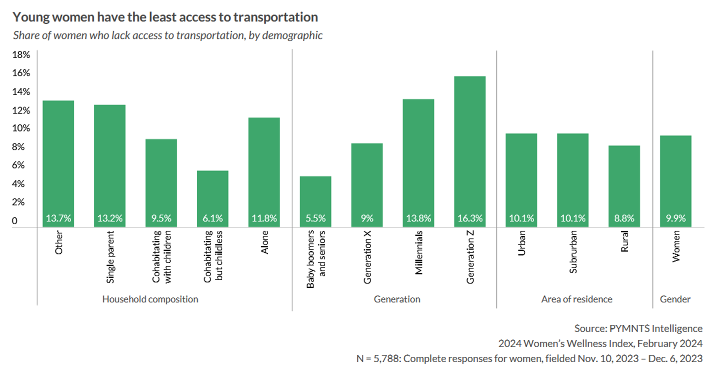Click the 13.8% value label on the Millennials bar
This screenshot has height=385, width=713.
pos(418,218)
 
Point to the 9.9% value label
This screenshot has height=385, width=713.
pos(675,218)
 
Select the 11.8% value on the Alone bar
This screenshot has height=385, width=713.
pos(264,218)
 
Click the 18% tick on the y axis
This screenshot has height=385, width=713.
pos(21,54)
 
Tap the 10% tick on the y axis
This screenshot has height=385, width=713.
pos(21,128)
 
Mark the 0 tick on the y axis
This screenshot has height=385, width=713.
pos(15,220)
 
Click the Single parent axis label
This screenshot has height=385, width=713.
pos(110,256)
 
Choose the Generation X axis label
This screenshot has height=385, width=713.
pos(367,257)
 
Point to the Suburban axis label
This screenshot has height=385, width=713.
pos(573,251)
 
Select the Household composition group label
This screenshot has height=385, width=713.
pos(150,299)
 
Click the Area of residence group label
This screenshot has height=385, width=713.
pos(576,299)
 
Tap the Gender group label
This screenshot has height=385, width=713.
pos(675,299)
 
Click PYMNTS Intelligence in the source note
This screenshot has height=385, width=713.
pos(656,328)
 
